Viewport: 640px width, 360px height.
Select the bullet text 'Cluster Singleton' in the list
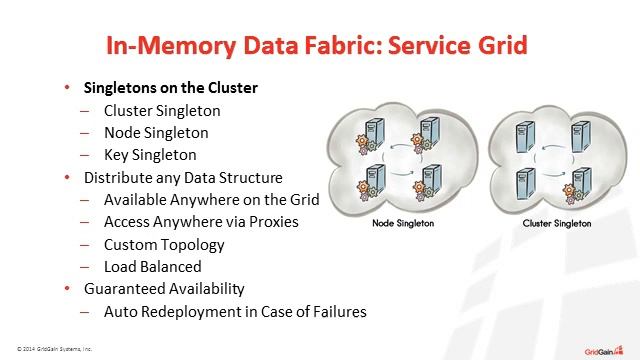coord(162,111)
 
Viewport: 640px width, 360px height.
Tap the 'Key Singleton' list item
coord(150,155)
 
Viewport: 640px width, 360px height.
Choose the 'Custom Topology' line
coord(164,244)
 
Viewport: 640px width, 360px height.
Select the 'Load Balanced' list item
coord(152,267)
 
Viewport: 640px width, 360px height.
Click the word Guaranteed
coord(124,289)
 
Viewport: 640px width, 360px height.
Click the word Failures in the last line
coord(335,311)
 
